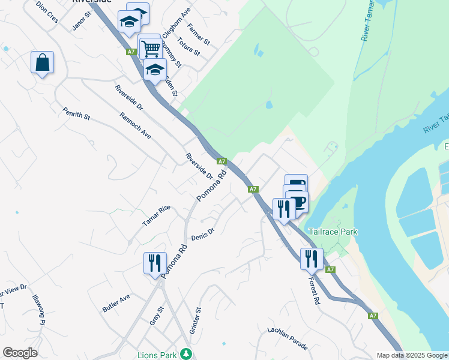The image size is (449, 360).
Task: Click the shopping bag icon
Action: tap(42, 62)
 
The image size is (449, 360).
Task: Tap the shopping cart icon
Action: tap(151, 47)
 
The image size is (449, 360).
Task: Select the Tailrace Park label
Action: tap(333, 232)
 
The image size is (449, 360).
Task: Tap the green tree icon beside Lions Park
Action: tap(187, 353)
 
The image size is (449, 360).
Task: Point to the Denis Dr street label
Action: tap(203, 233)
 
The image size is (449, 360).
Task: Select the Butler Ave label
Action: tap(116, 303)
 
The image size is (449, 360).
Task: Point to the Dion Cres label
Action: tap(47, 11)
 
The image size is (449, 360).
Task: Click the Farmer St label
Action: tap(197, 35)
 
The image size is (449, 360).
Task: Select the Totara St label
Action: tap(188, 48)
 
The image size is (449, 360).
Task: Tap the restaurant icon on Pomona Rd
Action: tap(154, 263)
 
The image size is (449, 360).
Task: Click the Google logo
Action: tap(20, 353)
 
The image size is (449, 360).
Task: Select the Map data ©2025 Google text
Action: tap(412, 355)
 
